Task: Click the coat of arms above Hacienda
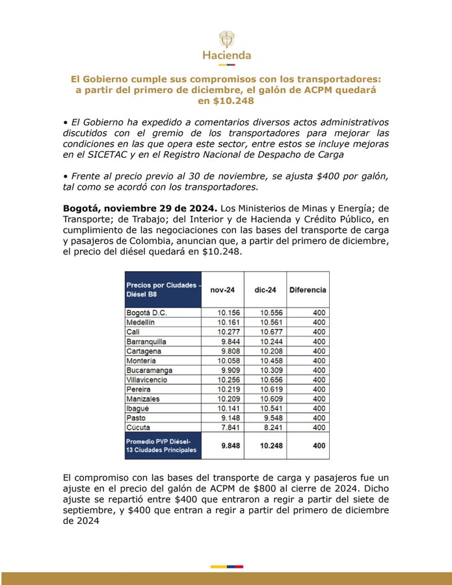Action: click(226, 38)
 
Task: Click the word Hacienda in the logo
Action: click(226, 55)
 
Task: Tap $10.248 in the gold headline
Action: click(226, 101)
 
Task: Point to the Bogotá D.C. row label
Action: click(147, 313)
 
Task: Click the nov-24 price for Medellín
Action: click(230, 322)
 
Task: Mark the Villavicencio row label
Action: click(148, 380)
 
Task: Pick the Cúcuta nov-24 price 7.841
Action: click(232, 428)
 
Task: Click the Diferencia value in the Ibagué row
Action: click(319, 408)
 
